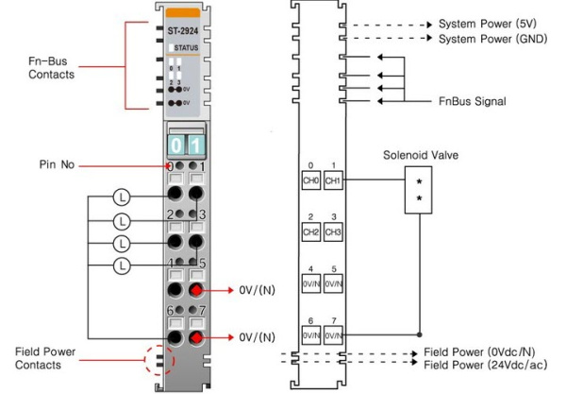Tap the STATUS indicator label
pyautogui.click(x=186, y=46)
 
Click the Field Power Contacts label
pyautogui.click(x=45, y=357)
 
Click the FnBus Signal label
pyautogui.click(x=473, y=100)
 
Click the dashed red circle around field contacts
pyautogui.click(x=158, y=363)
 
